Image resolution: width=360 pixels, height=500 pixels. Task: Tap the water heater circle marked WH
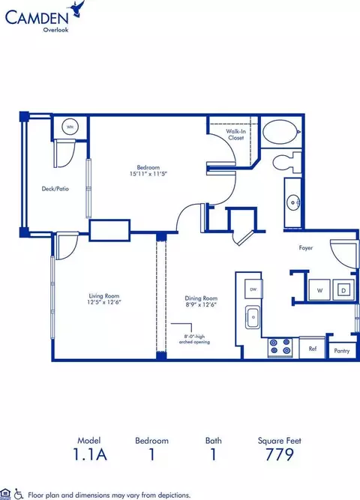click(x=70, y=127)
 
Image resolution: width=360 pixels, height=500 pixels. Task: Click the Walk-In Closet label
click(x=235, y=135)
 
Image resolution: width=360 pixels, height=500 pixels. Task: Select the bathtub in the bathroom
click(x=281, y=132)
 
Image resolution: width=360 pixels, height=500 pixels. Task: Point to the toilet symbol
click(x=287, y=163)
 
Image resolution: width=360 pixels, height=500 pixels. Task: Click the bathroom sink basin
click(x=293, y=202)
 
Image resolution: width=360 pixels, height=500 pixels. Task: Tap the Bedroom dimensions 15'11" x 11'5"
click(x=148, y=174)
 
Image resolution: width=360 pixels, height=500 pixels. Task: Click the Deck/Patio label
click(x=55, y=189)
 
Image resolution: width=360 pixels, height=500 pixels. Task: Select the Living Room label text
click(x=104, y=296)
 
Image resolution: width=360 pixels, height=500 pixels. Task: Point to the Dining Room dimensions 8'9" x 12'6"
click(x=201, y=304)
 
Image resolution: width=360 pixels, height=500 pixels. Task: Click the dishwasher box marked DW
click(x=253, y=289)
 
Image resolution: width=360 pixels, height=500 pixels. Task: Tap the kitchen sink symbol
click(x=253, y=317)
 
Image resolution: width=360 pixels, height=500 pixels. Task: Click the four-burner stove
click(x=280, y=347)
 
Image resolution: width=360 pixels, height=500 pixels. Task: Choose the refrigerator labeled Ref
click(x=312, y=348)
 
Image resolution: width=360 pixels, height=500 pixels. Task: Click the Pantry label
click(x=342, y=351)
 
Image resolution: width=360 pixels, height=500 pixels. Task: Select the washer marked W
click(x=320, y=290)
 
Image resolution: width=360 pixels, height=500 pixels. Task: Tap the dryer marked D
click(x=343, y=290)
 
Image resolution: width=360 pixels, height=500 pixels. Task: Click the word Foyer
click(x=305, y=248)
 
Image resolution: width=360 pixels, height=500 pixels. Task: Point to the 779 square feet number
click(x=280, y=454)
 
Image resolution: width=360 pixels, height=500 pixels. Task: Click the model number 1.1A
click(x=90, y=454)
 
